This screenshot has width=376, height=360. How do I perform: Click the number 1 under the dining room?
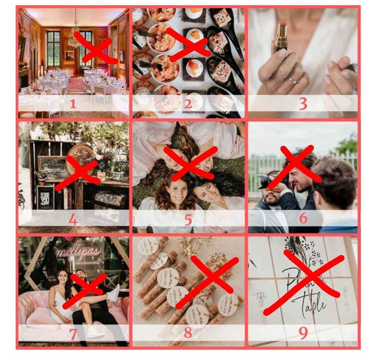coord(72,104)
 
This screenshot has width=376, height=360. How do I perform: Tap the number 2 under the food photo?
coord(187,104)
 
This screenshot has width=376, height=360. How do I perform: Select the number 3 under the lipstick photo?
coord(303,104)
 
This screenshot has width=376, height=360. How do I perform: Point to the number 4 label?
coord(73,219)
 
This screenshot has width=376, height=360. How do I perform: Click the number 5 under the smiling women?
coord(187,219)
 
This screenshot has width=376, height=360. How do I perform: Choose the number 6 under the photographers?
coord(303,218)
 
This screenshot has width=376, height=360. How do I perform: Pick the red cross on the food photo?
coord(189,44)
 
